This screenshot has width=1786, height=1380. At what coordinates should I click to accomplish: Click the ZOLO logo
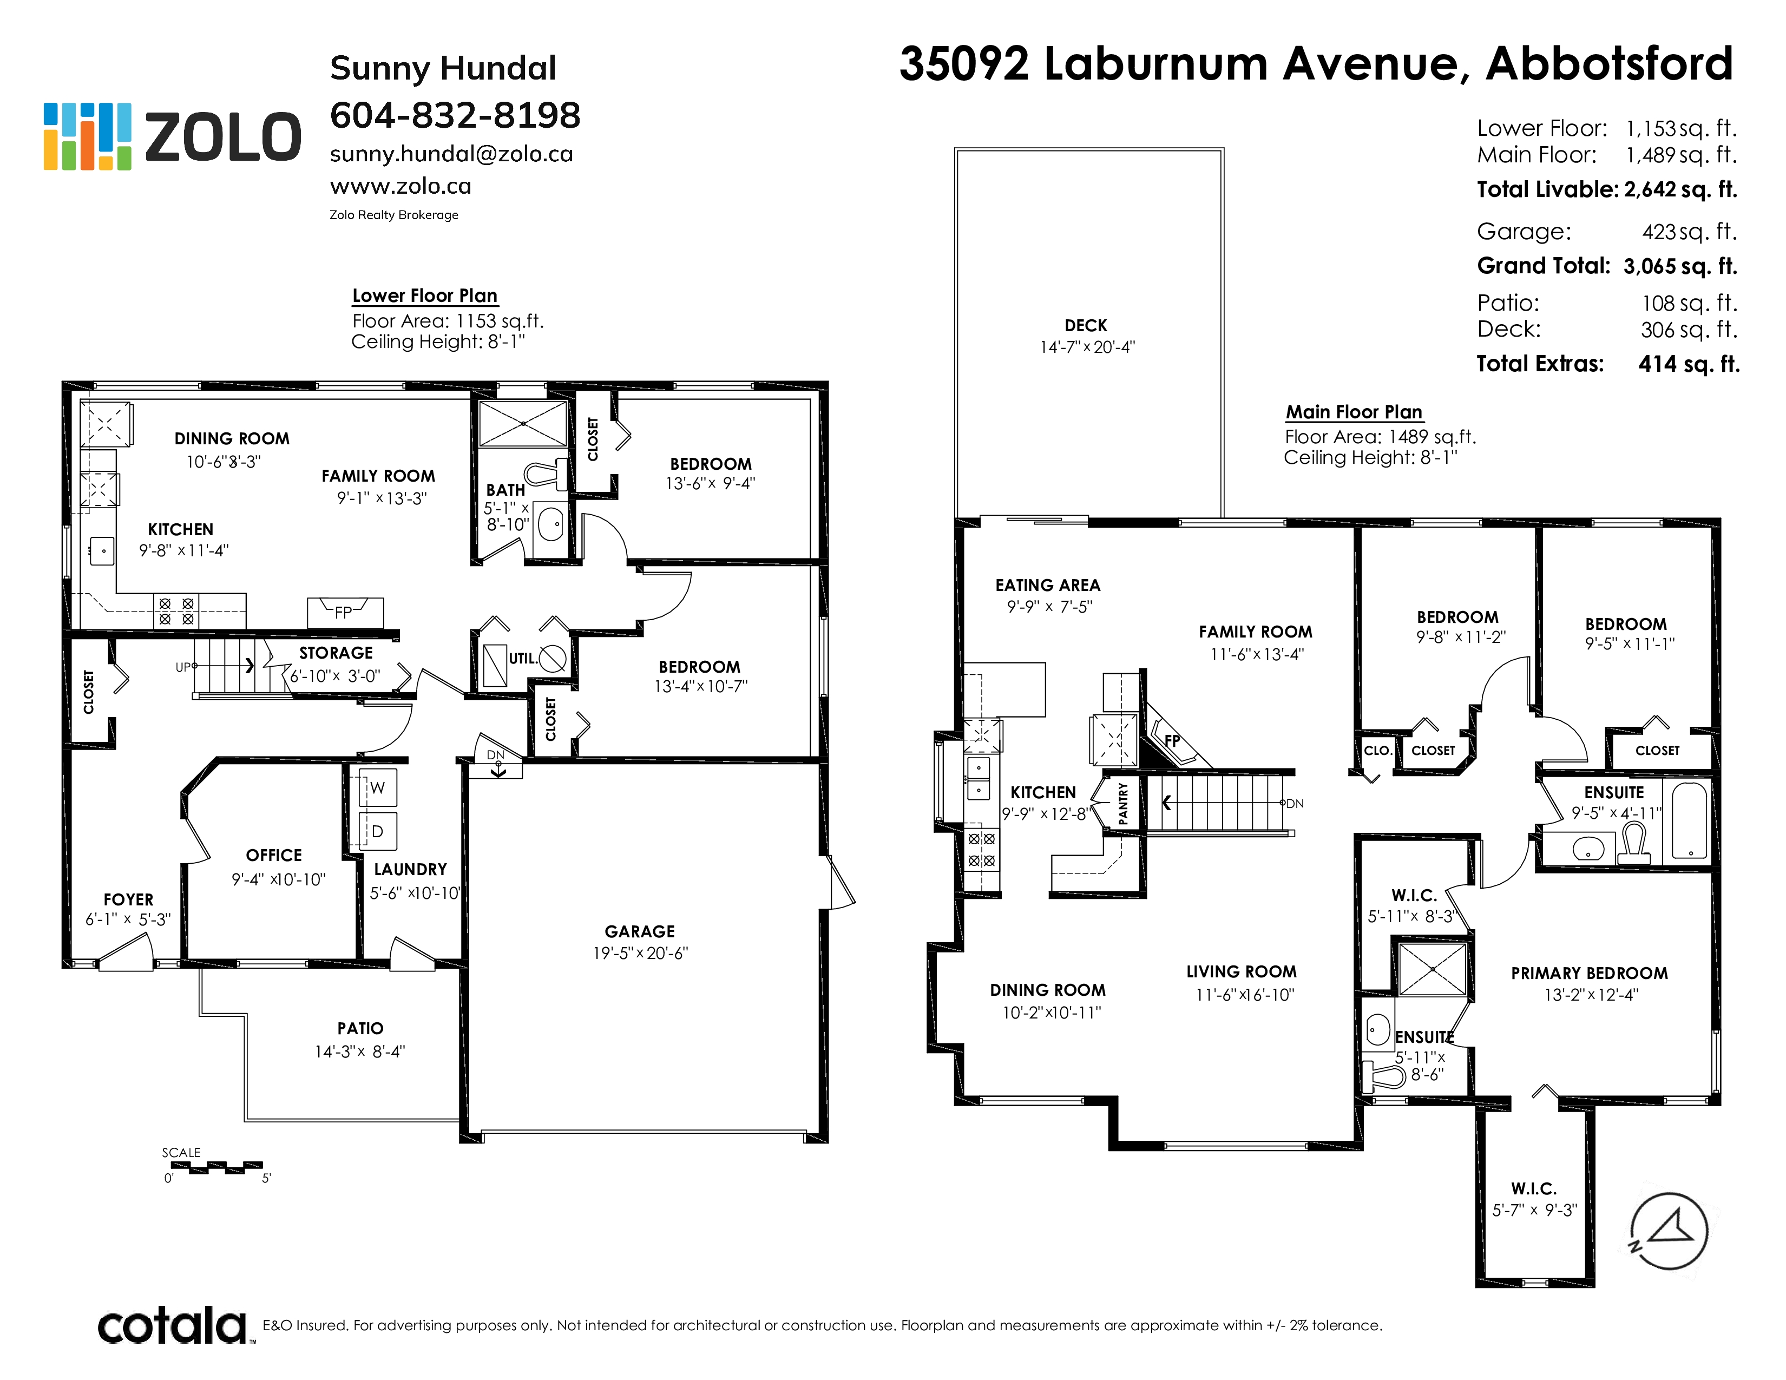172,136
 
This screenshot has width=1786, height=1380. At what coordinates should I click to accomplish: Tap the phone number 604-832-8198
455,115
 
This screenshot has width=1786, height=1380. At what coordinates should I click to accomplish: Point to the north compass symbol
1668,1231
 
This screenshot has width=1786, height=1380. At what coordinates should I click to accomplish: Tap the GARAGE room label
640,931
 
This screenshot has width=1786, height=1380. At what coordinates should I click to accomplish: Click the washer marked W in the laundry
378,787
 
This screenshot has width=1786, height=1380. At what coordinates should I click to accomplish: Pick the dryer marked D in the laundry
378,831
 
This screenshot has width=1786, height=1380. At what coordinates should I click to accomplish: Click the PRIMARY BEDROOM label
1589,973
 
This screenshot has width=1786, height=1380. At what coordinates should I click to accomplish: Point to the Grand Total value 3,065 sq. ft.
1680,266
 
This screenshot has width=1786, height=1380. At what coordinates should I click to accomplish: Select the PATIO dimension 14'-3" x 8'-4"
360,1052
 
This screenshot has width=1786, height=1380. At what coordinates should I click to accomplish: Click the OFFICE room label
274,855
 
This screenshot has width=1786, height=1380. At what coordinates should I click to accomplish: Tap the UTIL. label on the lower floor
523,658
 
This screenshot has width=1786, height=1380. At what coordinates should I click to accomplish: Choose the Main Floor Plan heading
1354,412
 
